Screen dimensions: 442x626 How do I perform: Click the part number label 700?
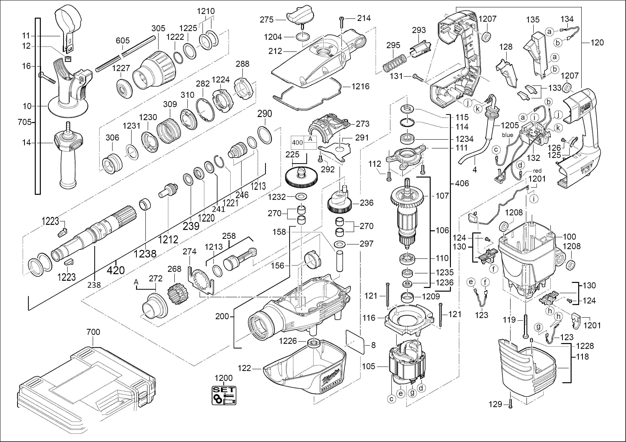click(x=93, y=332)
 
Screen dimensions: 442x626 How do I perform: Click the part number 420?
click(x=116, y=270)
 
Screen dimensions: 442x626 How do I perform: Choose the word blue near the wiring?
click(x=507, y=135)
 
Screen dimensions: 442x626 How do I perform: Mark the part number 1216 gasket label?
click(x=361, y=87)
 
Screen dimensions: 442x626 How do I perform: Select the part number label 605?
click(x=123, y=41)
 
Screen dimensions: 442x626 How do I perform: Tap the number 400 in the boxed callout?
click(x=297, y=143)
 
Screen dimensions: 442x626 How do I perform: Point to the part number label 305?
click(x=158, y=28)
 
